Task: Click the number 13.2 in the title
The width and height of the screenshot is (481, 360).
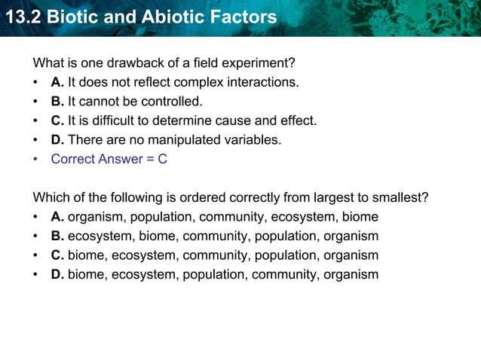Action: point(22,16)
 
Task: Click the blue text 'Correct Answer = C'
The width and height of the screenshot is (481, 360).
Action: point(109,160)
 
